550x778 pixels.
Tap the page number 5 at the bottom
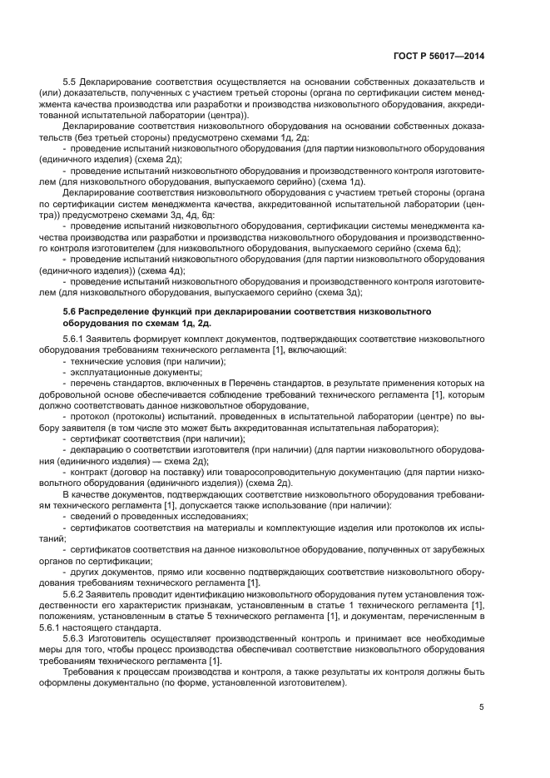tap(482, 707)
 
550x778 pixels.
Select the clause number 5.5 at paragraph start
tap(71, 82)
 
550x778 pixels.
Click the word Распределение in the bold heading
tap(123, 310)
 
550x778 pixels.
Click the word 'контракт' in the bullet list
tap(92, 471)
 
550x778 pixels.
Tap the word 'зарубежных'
tap(455, 551)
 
